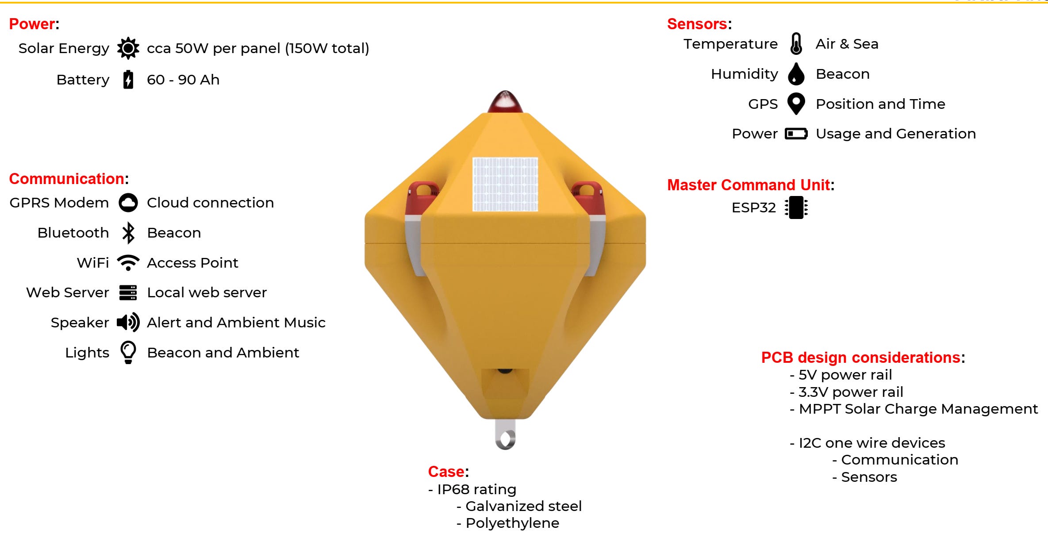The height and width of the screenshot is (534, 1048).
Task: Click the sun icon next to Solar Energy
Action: coord(128,48)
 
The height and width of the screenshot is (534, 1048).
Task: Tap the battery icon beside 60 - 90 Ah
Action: coord(128,80)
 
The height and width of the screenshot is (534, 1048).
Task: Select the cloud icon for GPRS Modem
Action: coord(128,203)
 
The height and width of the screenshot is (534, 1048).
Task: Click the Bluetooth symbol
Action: coord(128,233)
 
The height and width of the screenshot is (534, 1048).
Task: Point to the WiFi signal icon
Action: coord(128,262)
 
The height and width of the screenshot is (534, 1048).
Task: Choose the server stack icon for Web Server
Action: coord(128,292)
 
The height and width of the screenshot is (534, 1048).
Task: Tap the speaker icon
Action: coord(128,323)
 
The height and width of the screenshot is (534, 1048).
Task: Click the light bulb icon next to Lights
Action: coord(128,353)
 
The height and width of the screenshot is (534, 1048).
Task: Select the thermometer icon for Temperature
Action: coord(796,44)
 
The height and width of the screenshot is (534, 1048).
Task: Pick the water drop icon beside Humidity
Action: coord(796,74)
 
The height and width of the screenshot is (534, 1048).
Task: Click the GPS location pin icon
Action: coord(796,104)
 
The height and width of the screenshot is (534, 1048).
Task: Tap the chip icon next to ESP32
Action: coord(796,207)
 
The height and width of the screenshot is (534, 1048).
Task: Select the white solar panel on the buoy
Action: coord(505,184)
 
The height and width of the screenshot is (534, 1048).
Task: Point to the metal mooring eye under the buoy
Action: coord(505,435)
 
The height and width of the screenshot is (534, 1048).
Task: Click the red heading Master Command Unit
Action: coord(749,185)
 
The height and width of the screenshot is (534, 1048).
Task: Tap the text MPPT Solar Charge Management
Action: coord(918,409)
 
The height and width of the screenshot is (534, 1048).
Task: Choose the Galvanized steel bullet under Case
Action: coord(523,506)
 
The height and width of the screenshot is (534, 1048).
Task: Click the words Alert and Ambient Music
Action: coord(236,323)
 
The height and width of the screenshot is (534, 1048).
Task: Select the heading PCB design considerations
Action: coord(860,357)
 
